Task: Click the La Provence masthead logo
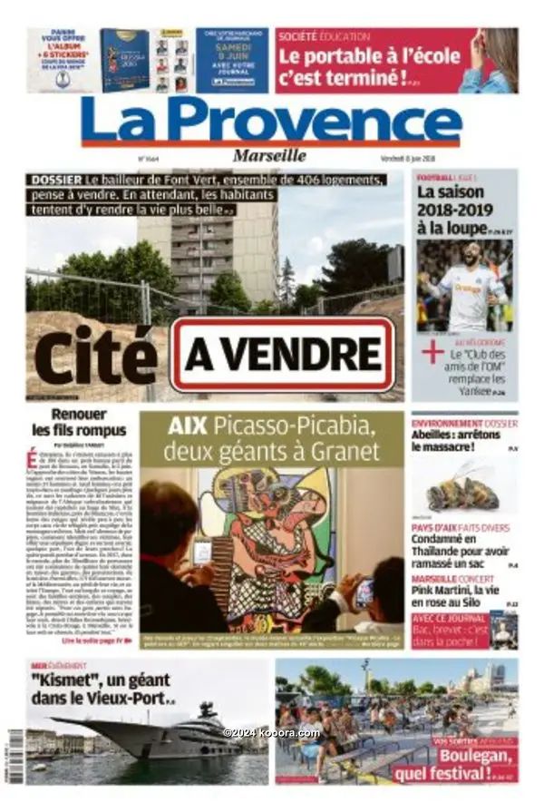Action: click(x=271, y=121)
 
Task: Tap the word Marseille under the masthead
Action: click(x=269, y=155)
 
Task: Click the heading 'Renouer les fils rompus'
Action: click(x=81, y=423)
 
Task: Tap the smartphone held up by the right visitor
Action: click(x=364, y=592)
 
